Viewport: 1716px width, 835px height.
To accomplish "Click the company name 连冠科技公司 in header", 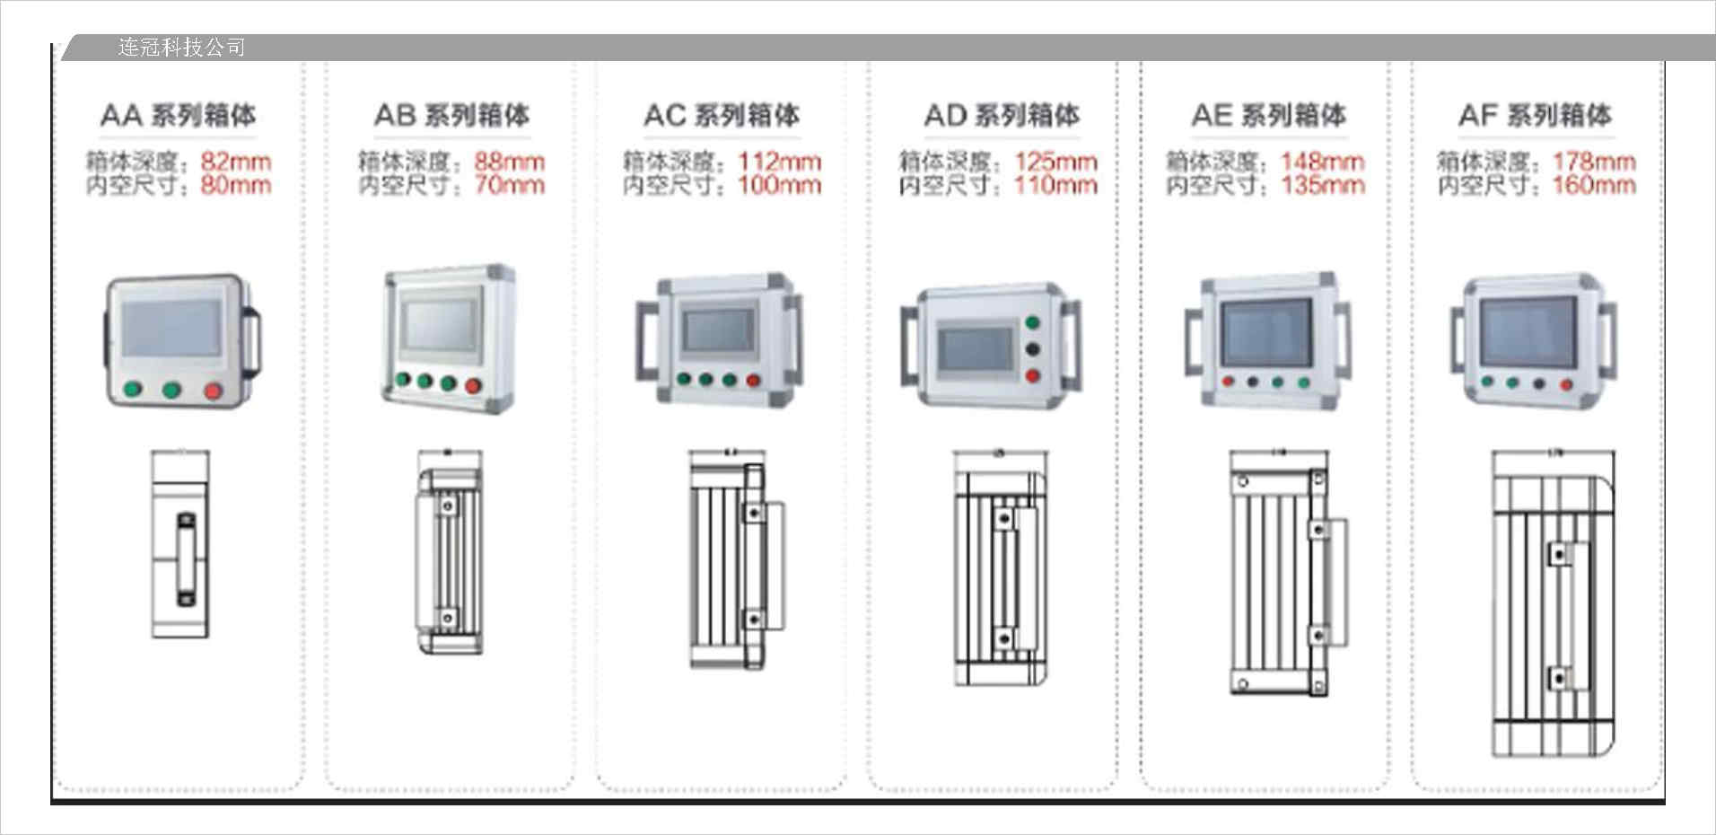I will pyautogui.click(x=181, y=47).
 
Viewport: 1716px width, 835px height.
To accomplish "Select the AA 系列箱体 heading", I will pyautogui.click(x=178, y=115).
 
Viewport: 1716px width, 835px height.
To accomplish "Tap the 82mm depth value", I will pyautogui.click(x=235, y=162).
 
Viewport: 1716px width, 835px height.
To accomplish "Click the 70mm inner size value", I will pyautogui.click(x=509, y=185).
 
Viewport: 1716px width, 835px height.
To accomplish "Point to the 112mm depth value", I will pyautogui.click(x=779, y=162).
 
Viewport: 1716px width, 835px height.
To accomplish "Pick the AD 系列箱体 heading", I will pyautogui.click(x=1002, y=115).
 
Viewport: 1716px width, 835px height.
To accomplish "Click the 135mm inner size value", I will pyautogui.click(x=1322, y=185).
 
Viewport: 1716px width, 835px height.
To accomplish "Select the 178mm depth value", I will pyautogui.click(x=1594, y=162).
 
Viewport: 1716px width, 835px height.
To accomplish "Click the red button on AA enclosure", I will pyautogui.click(x=213, y=390).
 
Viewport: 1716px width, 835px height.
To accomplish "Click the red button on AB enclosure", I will pyautogui.click(x=473, y=386).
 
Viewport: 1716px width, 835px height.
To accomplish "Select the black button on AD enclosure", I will pyautogui.click(x=1032, y=349).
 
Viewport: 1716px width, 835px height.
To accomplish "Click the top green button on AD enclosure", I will pyautogui.click(x=1032, y=323).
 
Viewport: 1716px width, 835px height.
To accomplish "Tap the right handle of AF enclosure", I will pyautogui.click(x=1607, y=339).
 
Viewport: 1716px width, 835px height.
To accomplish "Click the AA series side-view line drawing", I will pyautogui.click(x=180, y=545).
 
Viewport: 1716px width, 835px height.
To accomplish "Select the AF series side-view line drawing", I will pyautogui.click(x=1552, y=602).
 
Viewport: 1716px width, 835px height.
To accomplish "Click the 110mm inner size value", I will pyautogui.click(x=1055, y=185).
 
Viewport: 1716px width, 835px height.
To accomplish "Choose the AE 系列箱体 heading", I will pyautogui.click(x=1268, y=115).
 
